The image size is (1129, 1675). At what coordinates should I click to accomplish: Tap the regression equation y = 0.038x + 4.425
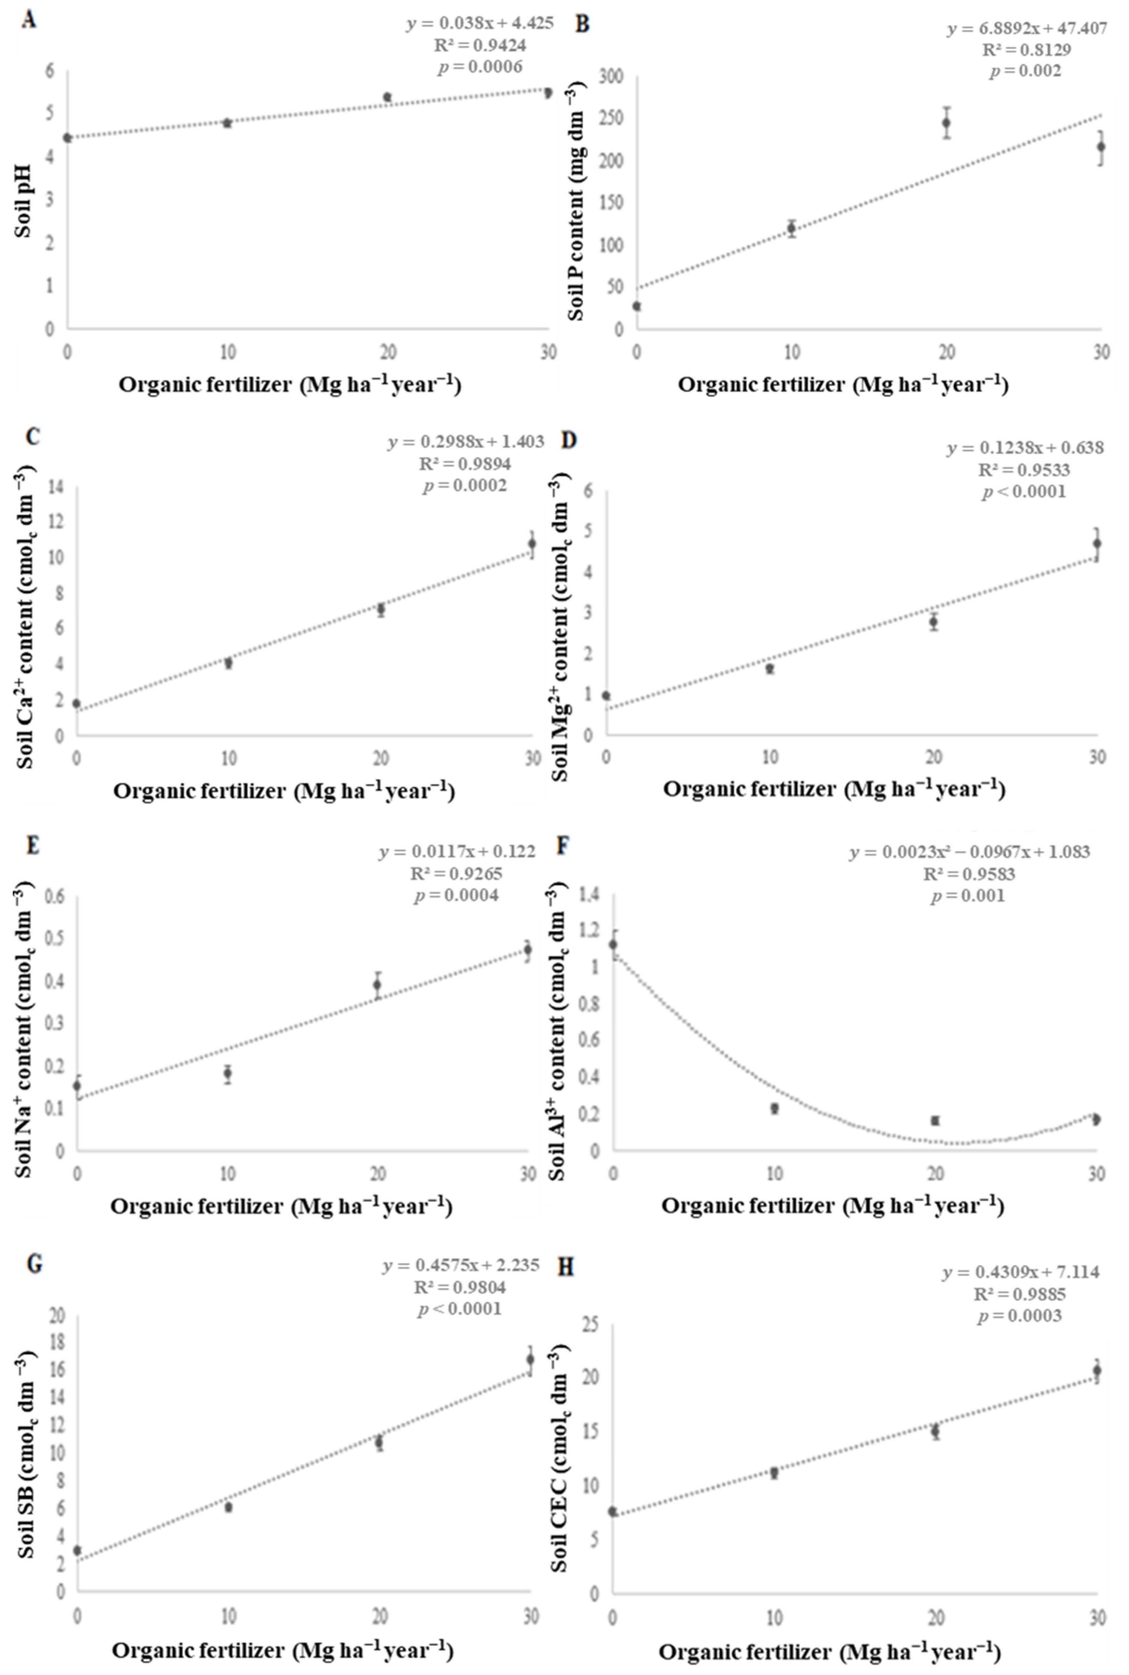(x=480, y=23)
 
